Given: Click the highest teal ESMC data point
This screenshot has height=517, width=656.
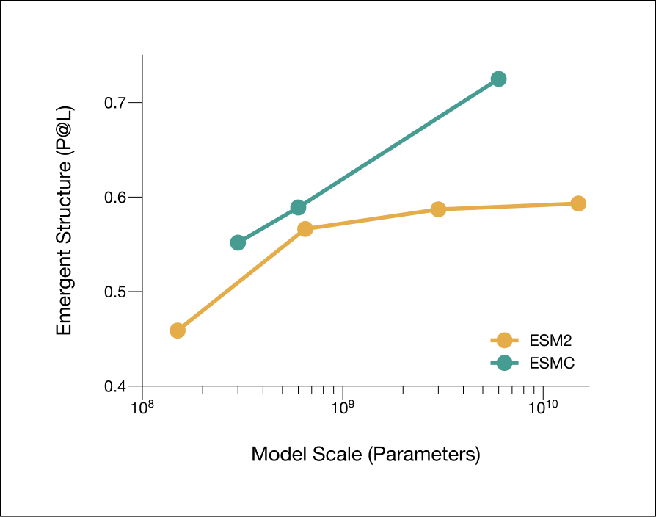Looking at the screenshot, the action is tap(498, 79).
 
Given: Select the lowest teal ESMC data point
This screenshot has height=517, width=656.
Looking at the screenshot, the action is tap(238, 242).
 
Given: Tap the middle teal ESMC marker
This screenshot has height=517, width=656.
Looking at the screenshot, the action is tap(298, 207).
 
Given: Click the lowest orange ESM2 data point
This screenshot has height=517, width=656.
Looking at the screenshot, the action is tap(178, 330).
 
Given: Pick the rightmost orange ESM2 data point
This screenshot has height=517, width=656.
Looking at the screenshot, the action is tap(578, 204).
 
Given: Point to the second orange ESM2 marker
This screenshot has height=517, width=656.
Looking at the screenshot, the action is tap(305, 229).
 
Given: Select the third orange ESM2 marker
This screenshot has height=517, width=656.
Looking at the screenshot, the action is tap(438, 209).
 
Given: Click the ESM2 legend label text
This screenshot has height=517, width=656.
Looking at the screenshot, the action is tap(550, 341).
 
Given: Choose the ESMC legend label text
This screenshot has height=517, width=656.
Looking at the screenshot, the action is tap(552, 363).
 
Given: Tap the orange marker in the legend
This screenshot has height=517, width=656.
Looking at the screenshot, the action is tap(505, 340).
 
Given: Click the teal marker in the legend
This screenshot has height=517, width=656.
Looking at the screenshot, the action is tap(505, 363).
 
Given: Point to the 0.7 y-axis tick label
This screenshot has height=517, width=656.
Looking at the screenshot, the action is tap(115, 103).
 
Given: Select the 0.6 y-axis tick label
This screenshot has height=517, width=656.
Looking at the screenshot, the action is tap(115, 197).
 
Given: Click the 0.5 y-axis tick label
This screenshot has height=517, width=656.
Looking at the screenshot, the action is tap(115, 292).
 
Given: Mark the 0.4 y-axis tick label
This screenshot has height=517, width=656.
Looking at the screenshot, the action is tap(115, 386).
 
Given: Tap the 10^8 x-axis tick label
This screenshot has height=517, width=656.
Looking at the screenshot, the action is tap(142, 407).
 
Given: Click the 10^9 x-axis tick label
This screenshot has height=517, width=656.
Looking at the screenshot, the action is tap(343, 407).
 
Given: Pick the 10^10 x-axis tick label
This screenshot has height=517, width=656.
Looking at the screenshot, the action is tap(543, 407).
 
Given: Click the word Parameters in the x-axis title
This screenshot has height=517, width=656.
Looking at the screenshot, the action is tap(424, 454).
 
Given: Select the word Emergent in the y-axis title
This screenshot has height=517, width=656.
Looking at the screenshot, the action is tap(64, 292).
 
